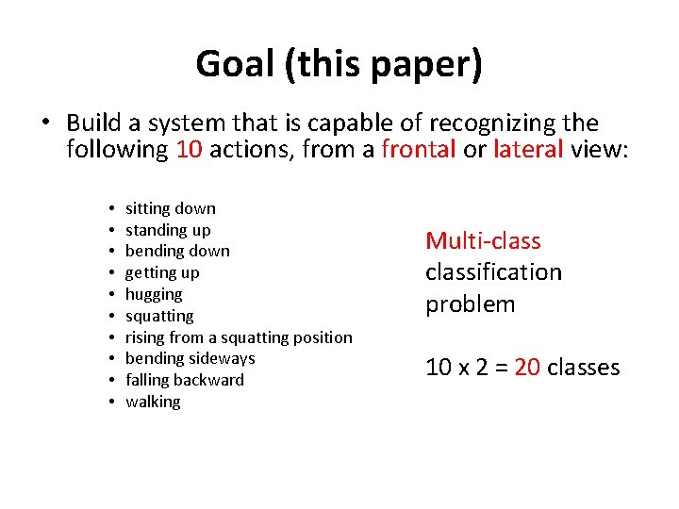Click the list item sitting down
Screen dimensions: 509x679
(x=170, y=208)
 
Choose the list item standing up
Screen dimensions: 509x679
(x=168, y=230)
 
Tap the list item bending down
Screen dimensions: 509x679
(x=177, y=251)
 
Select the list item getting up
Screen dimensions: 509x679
(x=162, y=272)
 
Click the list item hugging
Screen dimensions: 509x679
(x=154, y=294)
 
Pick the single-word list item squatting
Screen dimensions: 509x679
(x=159, y=316)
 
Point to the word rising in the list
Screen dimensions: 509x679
(x=144, y=337)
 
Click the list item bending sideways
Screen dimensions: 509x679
(x=190, y=358)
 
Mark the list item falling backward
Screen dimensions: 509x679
(x=184, y=380)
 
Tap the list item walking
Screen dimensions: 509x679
(x=153, y=402)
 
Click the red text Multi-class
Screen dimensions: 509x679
(x=483, y=240)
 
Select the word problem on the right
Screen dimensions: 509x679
(x=470, y=304)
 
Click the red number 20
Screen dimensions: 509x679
(x=527, y=367)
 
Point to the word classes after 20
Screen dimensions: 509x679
(x=583, y=367)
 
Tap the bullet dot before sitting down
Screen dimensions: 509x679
(x=110, y=208)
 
